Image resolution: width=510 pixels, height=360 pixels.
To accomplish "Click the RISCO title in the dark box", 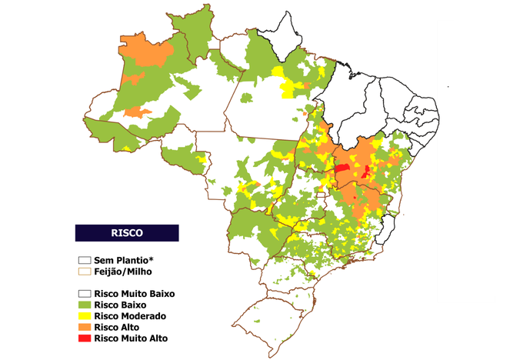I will [x=126, y=232].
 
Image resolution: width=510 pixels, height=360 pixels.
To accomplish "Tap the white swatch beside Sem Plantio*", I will [x=84, y=260].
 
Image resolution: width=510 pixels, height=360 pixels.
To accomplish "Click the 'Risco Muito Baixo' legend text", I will [x=135, y=294].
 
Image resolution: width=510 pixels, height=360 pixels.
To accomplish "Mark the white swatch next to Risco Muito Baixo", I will [x=84, y=294].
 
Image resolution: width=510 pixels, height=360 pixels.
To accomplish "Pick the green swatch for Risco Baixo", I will [x=84, y=305].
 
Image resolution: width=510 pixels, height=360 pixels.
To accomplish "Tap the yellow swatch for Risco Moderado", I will [x=84, y=316].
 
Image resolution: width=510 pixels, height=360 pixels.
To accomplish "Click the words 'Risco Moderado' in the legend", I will [x=129, y=316].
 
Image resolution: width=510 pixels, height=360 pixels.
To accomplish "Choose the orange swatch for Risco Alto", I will [x=84, y=327].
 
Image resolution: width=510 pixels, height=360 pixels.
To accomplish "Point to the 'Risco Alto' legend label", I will [x=116, y=327].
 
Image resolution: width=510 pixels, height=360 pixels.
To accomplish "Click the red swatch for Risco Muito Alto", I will [x=84, y=338].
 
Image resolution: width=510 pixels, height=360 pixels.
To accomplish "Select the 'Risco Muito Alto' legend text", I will [x=130, y=338].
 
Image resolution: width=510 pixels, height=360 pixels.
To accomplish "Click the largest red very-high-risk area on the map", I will [x=342, y=167].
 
